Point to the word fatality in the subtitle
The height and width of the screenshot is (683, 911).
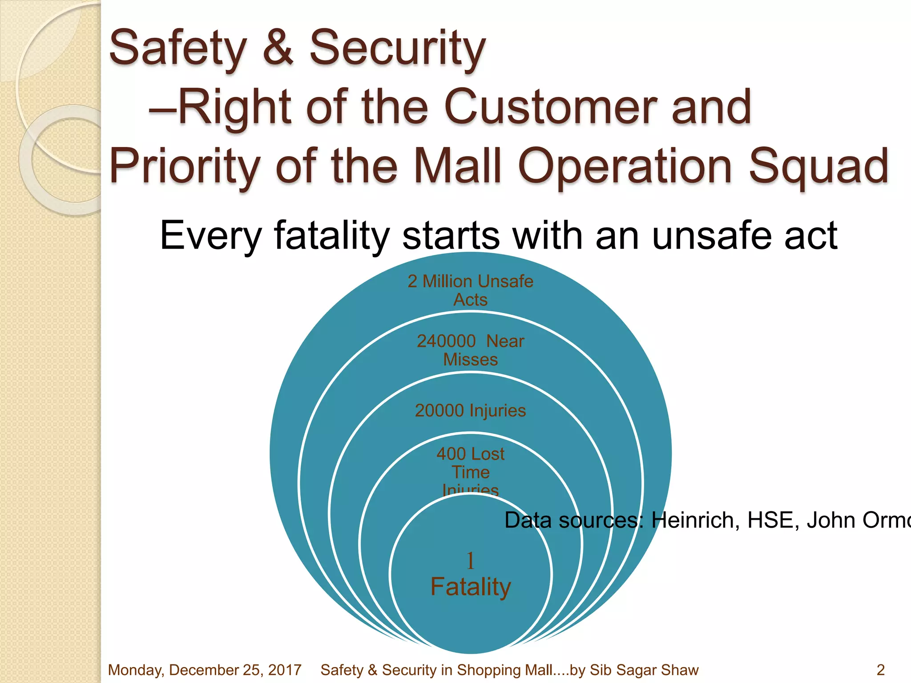(x=332, y=236)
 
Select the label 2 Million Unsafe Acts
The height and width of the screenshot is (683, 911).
(x=470, y=290)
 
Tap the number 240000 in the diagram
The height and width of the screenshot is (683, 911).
(x=446, y=341)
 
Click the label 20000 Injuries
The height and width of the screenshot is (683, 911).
(x=470, y=410)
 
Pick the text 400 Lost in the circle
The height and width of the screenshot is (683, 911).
(x=470, y=454)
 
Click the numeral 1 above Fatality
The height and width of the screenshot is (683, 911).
(x=471, y=561)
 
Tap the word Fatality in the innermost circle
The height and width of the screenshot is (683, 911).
(x=471, y=587)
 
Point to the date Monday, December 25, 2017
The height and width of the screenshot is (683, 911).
(x=205, y=670)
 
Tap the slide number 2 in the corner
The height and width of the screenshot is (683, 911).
(x=880, y=670)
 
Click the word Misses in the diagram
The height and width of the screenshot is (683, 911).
(x=470, y=359)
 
